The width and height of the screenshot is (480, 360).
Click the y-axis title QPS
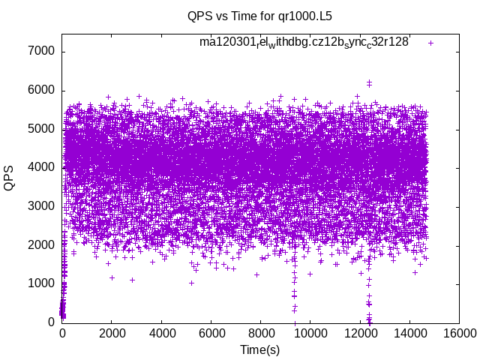point(10,178)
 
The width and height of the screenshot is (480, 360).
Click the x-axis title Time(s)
point(259,350)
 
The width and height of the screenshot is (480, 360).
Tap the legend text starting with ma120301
point(304,42)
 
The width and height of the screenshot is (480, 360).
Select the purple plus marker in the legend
point(430,43)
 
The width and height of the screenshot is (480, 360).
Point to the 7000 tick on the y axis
point(40,52)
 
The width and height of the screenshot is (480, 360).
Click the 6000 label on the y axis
point(40,90)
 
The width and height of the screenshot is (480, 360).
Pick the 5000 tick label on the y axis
point(40,129)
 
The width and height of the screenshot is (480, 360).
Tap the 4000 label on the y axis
point(40,168)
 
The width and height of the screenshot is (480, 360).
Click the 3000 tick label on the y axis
point(40,206)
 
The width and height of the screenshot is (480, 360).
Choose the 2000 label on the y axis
point(40,245)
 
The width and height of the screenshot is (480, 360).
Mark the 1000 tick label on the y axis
point(40,283)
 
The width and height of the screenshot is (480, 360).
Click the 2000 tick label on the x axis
point(111,334)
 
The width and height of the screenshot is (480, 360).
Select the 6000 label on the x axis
point(211,334)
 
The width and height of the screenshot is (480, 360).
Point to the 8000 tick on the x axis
point(260,334)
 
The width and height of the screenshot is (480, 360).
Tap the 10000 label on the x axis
point(310,334)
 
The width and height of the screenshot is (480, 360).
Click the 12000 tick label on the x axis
point(360,334)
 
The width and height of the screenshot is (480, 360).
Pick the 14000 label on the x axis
point(409,334)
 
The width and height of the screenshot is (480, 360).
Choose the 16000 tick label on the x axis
point(459,334)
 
